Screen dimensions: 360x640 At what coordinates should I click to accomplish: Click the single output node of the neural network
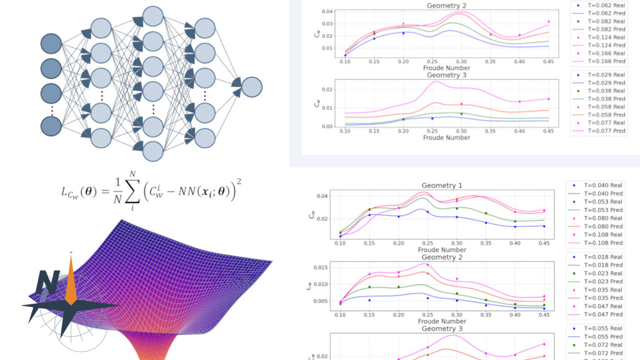252,87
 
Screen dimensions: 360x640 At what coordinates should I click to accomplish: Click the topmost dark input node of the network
51,44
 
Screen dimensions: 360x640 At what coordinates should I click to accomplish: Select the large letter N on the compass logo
47,282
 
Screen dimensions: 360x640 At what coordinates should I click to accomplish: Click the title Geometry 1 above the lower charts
442,185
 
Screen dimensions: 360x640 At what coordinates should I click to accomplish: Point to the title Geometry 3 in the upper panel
446,75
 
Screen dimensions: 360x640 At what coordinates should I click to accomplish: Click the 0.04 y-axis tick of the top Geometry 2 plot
327,12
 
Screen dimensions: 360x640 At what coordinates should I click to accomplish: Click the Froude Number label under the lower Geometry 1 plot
442,250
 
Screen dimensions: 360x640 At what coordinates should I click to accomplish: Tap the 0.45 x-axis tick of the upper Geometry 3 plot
548,131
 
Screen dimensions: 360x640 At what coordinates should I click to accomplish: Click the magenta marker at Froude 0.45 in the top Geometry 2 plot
548,22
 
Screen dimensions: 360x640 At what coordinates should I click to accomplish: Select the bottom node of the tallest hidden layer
153,151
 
